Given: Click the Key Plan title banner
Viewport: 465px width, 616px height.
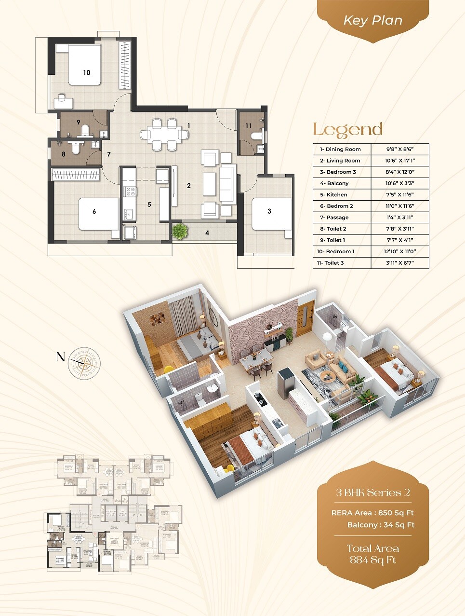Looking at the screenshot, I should click(x=372, y=20).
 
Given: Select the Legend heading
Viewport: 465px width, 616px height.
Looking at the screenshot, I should click(x=347, y=129).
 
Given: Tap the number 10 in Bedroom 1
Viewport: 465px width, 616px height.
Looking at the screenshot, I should click(x=86, y=72).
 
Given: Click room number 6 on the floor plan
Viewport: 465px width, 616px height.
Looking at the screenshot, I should click(x=94, y=211).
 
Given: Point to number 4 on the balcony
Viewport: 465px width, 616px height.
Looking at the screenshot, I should click(x=207, y=233).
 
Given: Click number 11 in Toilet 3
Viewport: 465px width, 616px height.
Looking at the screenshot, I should click(x=248, y=126).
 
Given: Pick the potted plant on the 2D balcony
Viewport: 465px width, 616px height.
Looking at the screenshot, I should click(x=180, y=231).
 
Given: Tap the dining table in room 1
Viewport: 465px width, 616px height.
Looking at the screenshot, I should click(x=164, y=134).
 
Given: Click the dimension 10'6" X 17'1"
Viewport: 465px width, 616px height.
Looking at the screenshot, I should click(x=399, y=161).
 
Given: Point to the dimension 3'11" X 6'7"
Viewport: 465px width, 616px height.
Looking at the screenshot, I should click(x=399, y=263).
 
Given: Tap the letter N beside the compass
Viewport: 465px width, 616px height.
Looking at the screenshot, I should click(x=60, y=357).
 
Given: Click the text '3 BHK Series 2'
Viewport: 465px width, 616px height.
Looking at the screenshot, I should click(x=372, y=493).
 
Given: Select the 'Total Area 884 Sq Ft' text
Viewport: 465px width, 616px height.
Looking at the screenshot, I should click(x=372, y=554).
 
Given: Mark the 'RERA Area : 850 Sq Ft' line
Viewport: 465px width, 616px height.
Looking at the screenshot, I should click(x=372, y=513).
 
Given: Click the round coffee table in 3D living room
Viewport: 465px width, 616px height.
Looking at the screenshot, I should click(x=329, y=376).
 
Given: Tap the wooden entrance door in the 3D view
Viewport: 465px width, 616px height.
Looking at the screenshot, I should click(x=306, y=319).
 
